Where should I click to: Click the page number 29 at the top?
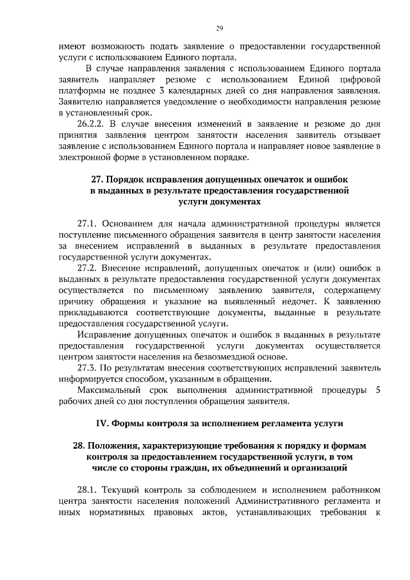pos(219,28)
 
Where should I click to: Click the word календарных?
pos(201,90)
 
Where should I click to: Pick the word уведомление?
pos(172,101)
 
